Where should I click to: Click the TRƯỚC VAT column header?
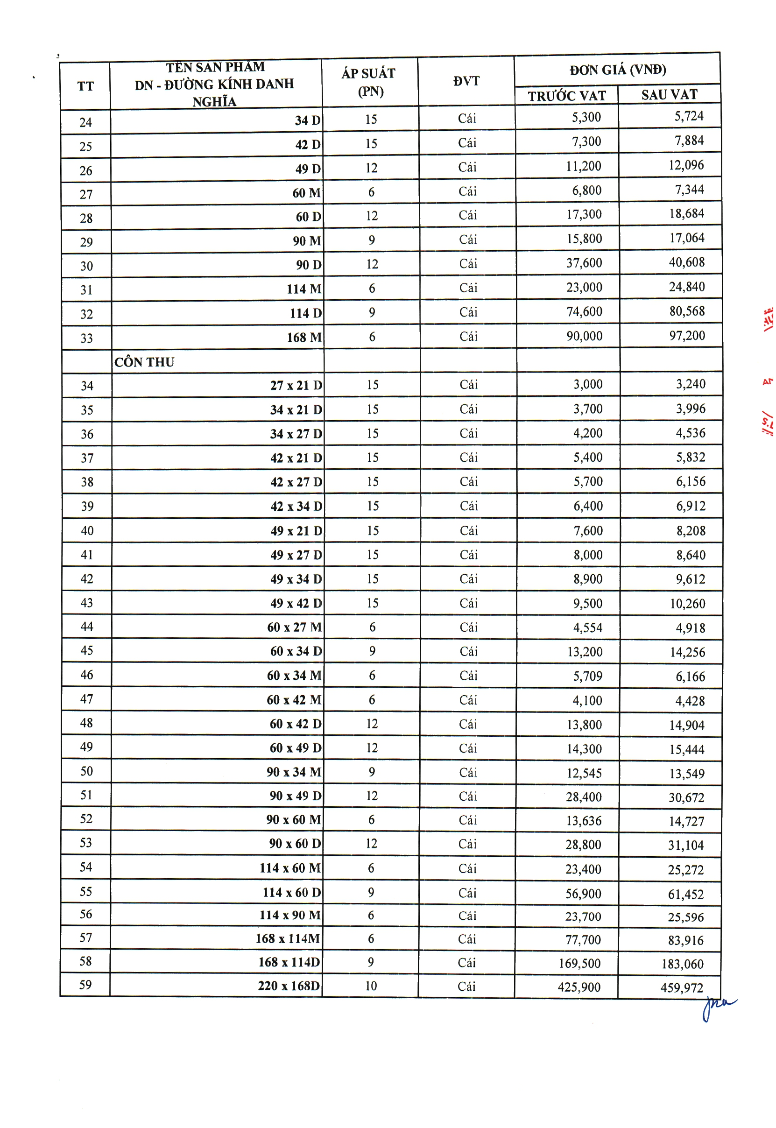(x=566, y=95)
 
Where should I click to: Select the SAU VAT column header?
(x=669, y=94)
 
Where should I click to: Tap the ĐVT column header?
(x=466, y=81)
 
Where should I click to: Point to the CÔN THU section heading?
(x=144, y=362)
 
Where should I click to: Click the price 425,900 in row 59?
(x=579, y=987)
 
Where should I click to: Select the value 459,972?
(x=682, y=987)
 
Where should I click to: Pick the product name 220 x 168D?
(x=289, y=986)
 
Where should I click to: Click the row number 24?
(x=85, y=122)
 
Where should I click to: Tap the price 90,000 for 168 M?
(x=584, y=336)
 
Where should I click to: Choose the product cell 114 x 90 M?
(x=290, y=915)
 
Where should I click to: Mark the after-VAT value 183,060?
(x=682, y=964)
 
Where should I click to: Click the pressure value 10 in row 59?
(x=371, y=986)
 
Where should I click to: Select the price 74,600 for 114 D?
(x=584, y=312)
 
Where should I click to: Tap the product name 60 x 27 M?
(x=294, y=627)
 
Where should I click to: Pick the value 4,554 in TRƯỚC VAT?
(x=587, y=627)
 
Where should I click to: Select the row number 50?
(x=86, y=771)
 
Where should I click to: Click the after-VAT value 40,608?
(x=686, y=262)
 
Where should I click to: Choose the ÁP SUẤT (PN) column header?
(x=369, y=82)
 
